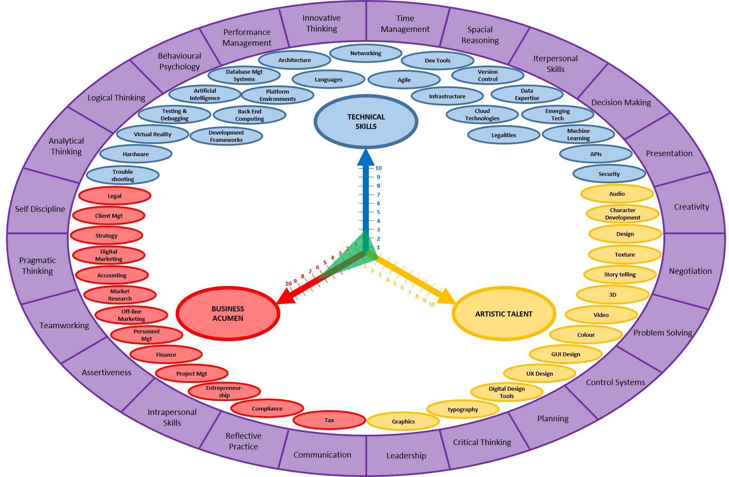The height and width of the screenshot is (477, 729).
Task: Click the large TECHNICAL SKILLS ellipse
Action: (366, 122)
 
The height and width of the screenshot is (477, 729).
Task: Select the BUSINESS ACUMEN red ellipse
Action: (228, 314)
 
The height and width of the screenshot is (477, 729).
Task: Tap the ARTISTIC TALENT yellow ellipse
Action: (504, 314)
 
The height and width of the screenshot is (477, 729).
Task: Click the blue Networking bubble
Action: (366, 53)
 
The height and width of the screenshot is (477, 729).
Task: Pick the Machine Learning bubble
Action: (578, 135)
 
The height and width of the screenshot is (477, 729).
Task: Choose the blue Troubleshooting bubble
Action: (123, 176)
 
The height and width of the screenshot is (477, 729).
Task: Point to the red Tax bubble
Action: (329, 420)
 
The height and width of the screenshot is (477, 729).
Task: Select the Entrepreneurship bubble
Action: (224, 392)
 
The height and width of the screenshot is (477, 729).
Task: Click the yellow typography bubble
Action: (463, 409)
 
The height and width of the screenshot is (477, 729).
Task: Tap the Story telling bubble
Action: (620, 274)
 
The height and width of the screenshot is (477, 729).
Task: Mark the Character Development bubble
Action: (622, 214)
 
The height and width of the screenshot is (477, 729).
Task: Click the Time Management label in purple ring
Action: (405, 24)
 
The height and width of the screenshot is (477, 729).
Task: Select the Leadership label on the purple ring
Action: (406, 455)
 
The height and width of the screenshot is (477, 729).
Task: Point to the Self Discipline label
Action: (40, 209)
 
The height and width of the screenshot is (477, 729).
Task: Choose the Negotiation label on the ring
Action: (690, 271)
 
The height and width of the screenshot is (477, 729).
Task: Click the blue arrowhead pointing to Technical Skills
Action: (366, 157)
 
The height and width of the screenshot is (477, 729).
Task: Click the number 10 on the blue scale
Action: (378, 168)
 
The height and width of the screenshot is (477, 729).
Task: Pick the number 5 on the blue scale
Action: (378, 212)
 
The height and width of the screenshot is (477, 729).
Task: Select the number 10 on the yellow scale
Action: (432, 304)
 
